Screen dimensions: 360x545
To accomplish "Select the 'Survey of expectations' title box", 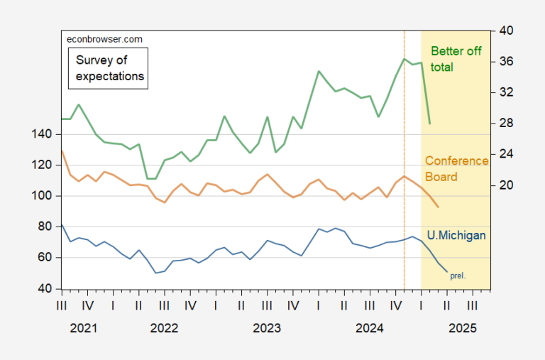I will pos(109,68).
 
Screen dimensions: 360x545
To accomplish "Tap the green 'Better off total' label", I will pos(456,59).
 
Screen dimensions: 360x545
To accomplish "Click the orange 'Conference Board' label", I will pos(456,169).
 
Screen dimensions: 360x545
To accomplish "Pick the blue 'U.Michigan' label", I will pos(456,235).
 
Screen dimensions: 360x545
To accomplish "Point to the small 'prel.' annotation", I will pos(458,276).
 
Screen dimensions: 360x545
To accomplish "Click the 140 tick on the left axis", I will pos(43,134).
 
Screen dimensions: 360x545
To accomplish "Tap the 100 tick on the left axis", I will pos(43,196).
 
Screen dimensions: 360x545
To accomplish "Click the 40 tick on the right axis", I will pos(505,31).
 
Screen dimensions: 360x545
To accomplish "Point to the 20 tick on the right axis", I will pos(505,185).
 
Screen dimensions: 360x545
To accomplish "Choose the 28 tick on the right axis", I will pos(505,124).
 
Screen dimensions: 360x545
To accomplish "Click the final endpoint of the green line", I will pos(430,124).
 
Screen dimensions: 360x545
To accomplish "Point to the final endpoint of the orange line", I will pos(439,207).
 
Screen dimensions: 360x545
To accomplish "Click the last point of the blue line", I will pos(447,271).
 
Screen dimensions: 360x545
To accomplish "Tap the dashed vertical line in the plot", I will pos(404,178).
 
